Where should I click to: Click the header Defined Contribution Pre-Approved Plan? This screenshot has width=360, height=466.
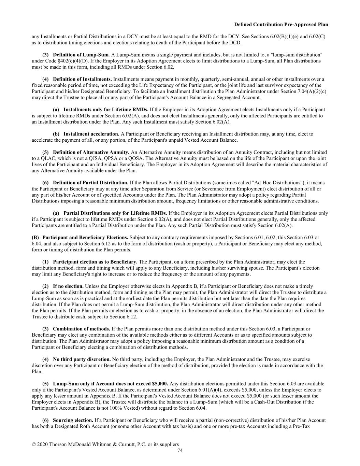(281, 25)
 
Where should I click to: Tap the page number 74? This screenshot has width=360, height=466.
(180, 450)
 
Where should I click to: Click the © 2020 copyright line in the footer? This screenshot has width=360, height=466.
(105, 444)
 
